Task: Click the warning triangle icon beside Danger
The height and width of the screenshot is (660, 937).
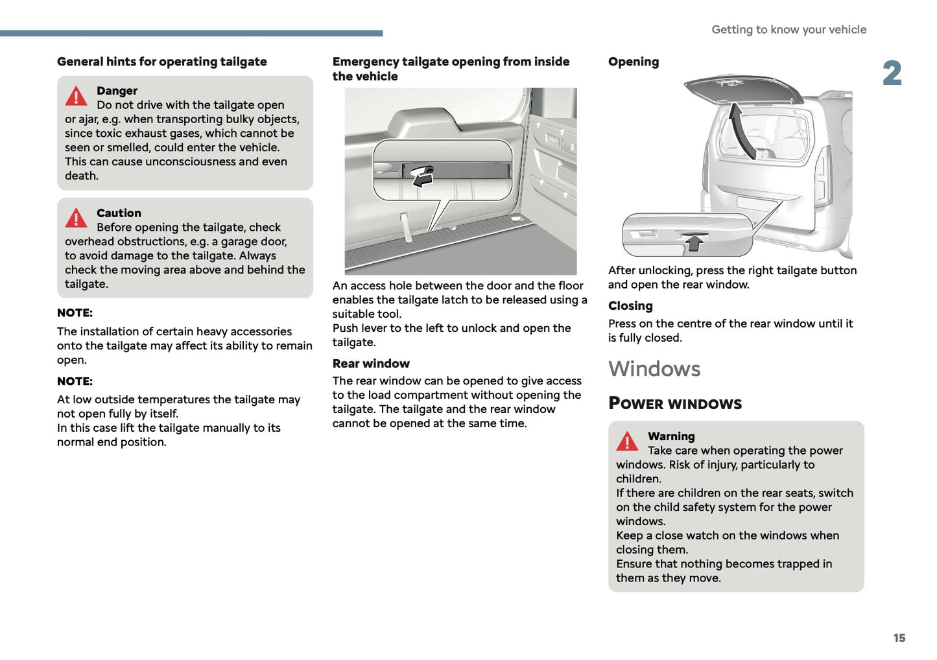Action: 76,97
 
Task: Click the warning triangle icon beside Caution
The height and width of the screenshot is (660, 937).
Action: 76,218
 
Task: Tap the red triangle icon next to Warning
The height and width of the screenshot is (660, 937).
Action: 627,442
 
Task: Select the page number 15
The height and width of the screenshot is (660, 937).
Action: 899,638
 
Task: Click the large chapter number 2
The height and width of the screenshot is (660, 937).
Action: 892,73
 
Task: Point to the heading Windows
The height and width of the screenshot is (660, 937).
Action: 654,369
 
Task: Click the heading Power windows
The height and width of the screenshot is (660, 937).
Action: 675,403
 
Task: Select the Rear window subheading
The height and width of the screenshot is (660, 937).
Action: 371,364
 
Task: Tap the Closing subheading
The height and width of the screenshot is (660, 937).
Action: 630,306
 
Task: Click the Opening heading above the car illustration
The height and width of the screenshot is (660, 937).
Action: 634,62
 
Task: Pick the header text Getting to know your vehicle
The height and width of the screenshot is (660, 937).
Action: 789,30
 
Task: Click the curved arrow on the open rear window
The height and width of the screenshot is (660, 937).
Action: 741,130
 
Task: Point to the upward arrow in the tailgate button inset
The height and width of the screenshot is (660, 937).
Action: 694,243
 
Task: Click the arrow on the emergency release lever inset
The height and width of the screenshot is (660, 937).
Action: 422,179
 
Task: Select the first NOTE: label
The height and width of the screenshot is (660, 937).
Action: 75,313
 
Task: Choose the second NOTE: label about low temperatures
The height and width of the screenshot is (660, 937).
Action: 75,382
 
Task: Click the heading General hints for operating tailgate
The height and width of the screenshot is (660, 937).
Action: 161,62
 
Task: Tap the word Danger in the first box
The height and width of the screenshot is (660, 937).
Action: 117,91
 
